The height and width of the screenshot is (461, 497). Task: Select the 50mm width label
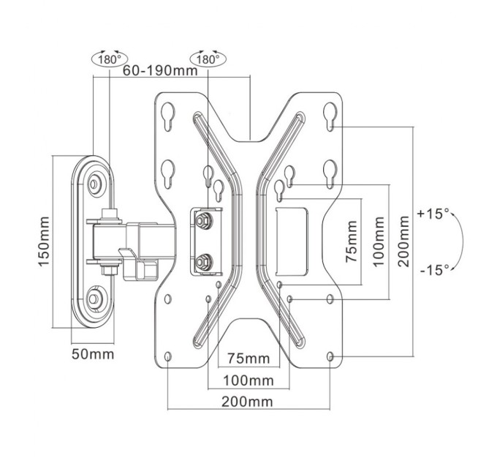93,354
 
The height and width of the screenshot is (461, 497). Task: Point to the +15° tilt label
433,214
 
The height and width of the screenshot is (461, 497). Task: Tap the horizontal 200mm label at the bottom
248,402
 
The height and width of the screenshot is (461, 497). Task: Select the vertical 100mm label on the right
378,241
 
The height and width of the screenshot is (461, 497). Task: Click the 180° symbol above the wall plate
107,59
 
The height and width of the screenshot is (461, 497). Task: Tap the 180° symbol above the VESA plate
208,59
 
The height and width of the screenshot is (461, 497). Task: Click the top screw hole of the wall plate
95,184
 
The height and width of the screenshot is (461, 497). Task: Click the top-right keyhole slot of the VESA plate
330,115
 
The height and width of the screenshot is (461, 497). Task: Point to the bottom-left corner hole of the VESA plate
169,356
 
